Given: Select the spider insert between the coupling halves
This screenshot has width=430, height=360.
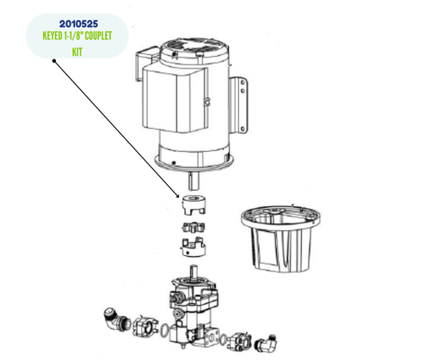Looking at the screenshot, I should pyautogui.click(x=193, y=228).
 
